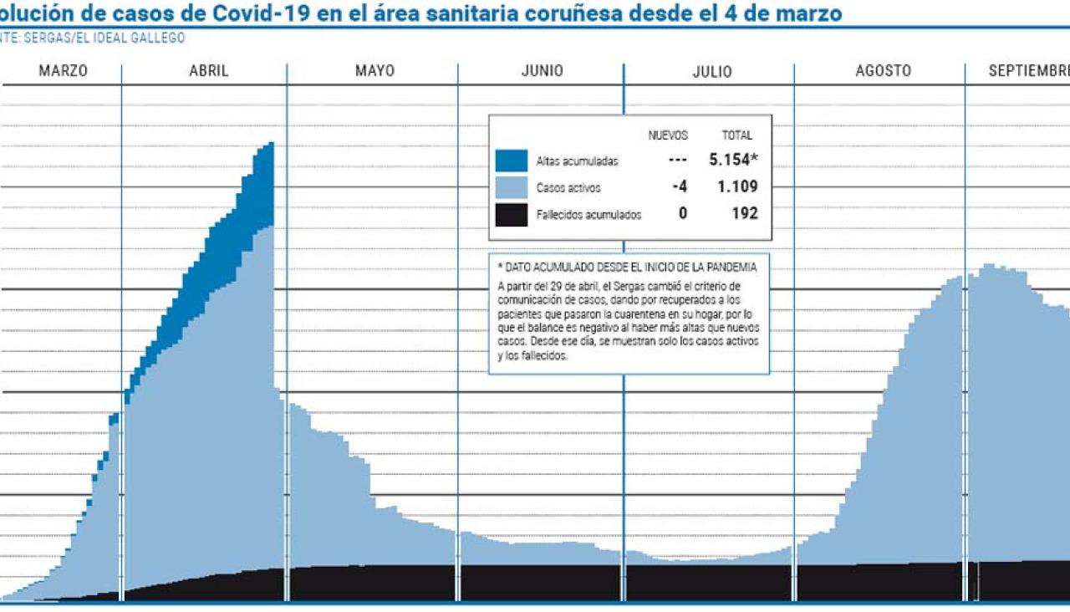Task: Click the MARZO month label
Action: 63,71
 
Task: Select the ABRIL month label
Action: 208,71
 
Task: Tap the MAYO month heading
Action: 374,71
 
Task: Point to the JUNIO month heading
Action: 542,71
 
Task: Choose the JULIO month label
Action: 711,72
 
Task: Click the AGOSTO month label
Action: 883,71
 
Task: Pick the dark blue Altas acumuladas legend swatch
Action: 511,161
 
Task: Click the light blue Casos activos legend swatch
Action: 511,187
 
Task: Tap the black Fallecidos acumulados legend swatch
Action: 511,215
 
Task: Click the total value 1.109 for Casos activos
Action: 737,186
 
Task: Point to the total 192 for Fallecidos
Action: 743,213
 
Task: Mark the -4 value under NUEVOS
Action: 680,186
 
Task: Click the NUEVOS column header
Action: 668,135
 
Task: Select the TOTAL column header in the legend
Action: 737,135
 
